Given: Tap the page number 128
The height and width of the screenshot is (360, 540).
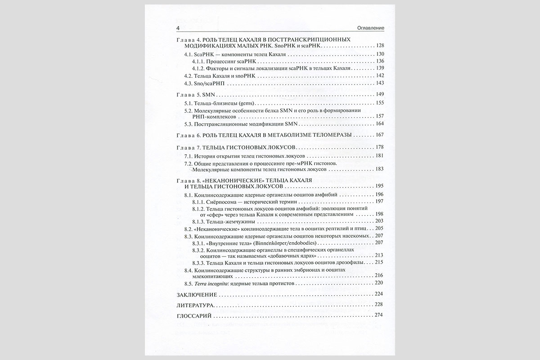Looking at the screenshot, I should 379,46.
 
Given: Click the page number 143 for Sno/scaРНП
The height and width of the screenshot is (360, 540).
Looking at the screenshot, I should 379,84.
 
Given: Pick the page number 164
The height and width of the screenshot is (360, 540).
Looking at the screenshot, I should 379,124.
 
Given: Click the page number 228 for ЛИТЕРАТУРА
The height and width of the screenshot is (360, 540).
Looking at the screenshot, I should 379,305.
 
